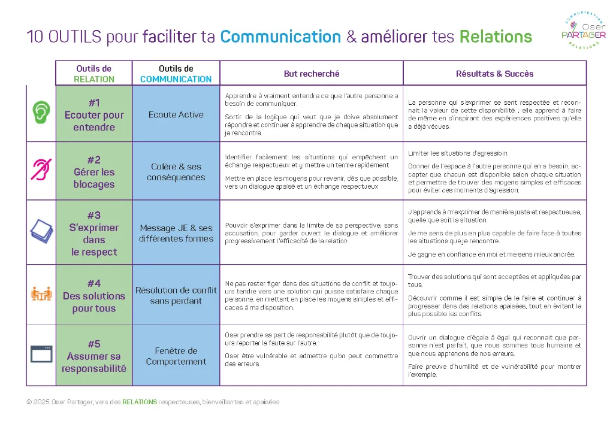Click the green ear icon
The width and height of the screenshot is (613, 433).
pyautogui.click(x=41, y=112)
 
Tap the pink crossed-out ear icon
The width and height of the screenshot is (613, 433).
pyautogui.click(x=41, y=169)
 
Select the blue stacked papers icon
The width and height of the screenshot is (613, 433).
pyautogui.click(x=41, y=231)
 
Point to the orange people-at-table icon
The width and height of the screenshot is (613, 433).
pyautogui.click(x=41, y=293)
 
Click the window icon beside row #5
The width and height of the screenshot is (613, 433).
pyautogui.click(x=41, y=354)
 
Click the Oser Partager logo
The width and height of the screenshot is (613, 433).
pyautogui.click(x=583, y=30)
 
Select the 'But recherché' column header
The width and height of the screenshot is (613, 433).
pyautogui.click(x=312, y=74)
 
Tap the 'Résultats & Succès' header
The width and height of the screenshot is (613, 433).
pyautogui.click(x=494, y=74)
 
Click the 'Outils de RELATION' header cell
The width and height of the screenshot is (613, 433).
pyautogui.click(x=94, y=74)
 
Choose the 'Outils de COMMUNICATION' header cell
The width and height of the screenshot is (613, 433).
pyautogui.click(x=176, y=74)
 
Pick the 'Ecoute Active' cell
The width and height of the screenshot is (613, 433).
pyautogui.click(x=176, y=114)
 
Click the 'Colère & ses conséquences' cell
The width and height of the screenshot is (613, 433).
pyautogui.click(x=176, y=171)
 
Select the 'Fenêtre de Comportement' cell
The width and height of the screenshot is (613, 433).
pyautogui.click(x=176, y=356)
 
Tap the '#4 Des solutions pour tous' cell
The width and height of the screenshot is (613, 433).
pyautogui.click(x=94, y=295)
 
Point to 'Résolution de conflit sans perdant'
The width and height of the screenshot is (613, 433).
pyautogui.click(x=176, y=295)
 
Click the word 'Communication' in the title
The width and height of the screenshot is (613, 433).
pyautogui.click(x=280, y=37)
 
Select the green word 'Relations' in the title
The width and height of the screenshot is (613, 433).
pyautogui.click(x=496, y=37)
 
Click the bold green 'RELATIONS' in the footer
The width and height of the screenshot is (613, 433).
pyautogui.click(x=140, y=402)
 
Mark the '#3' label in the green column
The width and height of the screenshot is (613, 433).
pyautogui.click(x=94, y=216)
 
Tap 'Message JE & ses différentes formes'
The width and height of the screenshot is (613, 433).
pyautogui.click(x=176, y=234)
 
